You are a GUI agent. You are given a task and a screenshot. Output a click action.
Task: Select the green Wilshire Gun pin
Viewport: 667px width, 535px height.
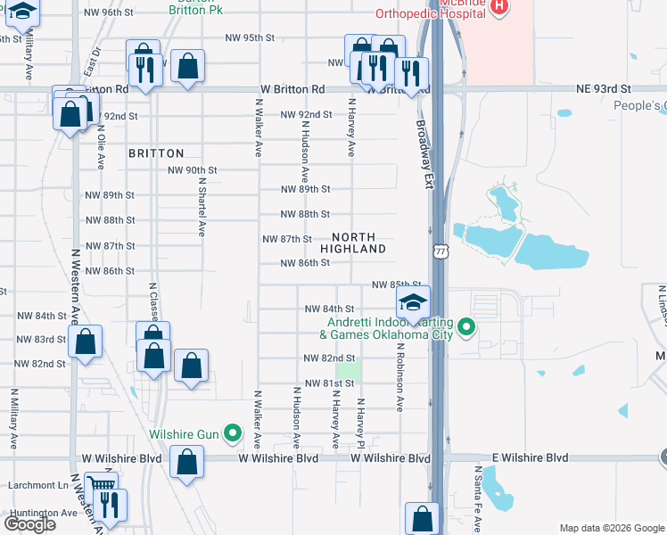pos(233,434)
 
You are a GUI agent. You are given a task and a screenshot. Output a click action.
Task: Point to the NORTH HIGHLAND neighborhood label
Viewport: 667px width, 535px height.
pos(358,243)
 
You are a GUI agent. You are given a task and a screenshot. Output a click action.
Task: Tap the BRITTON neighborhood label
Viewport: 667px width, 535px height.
pos(156,153)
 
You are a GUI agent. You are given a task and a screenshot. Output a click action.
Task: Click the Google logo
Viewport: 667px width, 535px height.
pos(29,523)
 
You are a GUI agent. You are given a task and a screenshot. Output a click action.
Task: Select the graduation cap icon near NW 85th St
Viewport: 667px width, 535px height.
pos(413,303)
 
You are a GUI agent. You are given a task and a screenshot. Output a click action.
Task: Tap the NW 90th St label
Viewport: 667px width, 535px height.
pos(194,169)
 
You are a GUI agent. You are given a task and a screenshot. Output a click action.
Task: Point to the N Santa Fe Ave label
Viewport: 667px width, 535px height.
pos(479,499)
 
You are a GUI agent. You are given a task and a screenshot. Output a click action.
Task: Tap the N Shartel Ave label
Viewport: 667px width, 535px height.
pos(202,206)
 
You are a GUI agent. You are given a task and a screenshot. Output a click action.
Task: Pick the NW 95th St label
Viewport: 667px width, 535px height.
pos(250,37)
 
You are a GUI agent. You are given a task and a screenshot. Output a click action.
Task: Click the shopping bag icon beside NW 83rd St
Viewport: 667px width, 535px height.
pos(86,341)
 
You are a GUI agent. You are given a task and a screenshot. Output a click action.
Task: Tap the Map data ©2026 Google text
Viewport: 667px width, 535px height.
pos(612,528)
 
